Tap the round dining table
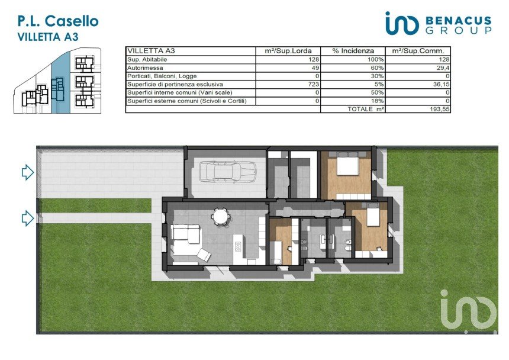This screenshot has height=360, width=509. (x=220, y=217)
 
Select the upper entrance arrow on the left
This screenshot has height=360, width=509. (x=28, y=172)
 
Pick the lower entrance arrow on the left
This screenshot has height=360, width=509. (x=28, y=218)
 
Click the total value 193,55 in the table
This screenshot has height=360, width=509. (x=440, y=109)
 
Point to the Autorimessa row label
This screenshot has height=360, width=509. (x=145, y=68)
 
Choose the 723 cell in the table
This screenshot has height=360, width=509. (x=314, y=85)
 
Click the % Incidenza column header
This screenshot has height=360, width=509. (x=353, y=51)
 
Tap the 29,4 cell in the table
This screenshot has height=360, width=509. (x=443, y=68)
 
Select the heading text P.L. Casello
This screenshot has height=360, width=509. (x=58, y=21)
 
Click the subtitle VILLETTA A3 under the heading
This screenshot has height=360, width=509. (x=48, y=37)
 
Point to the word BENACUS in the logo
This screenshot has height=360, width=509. (x=458, y=21)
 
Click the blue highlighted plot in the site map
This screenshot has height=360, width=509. (x=60, y=83)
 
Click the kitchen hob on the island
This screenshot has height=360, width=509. (x=238, y=247)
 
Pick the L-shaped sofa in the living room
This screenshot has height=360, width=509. (x=186, y=240)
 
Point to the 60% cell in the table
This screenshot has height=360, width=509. (x=378, y=68)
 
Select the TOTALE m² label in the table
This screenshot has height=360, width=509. (x=366, y=109)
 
